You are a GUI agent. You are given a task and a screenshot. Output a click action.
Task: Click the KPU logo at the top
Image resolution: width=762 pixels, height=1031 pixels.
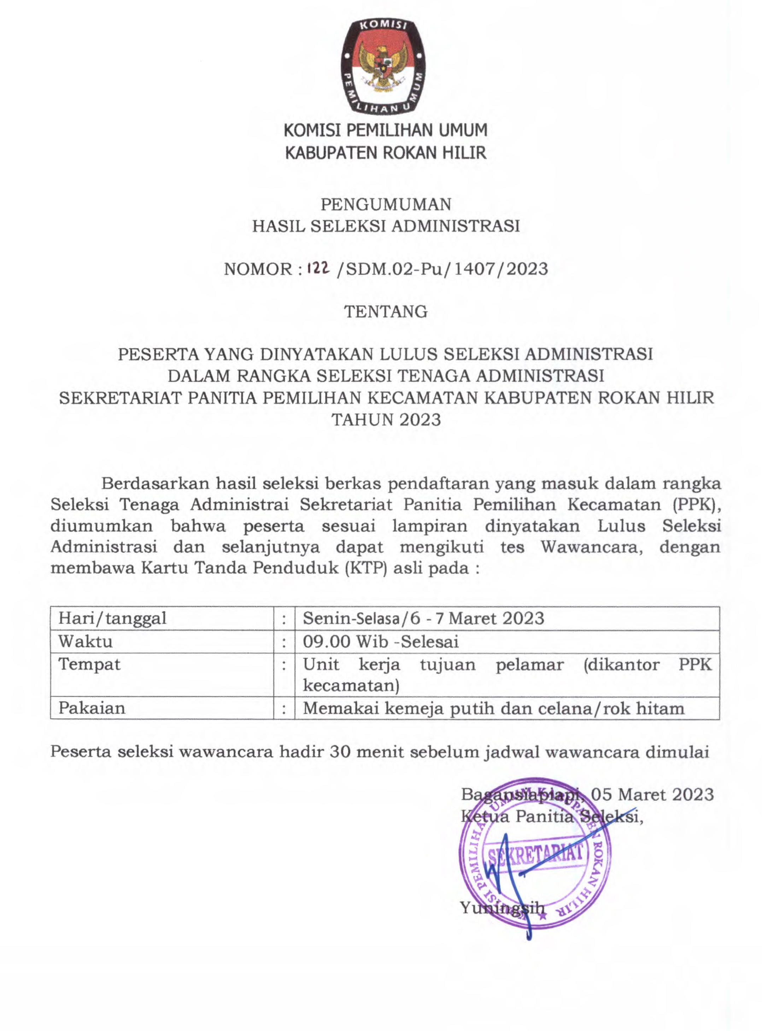(383, 67)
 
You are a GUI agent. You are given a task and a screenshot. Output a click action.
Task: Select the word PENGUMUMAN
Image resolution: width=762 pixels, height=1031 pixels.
(386, 204)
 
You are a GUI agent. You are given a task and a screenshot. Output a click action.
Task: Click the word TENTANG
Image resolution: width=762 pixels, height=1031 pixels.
(386, 311)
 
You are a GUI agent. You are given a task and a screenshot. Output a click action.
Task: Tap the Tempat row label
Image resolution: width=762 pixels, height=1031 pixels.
(89, 664)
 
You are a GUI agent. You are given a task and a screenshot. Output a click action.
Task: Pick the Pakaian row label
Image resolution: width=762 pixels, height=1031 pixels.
(92, 708)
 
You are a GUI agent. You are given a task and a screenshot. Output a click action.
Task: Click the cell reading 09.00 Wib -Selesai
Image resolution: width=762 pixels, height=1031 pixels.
(381, 641)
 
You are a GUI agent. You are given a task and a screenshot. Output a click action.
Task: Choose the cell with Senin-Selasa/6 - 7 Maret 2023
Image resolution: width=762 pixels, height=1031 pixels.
(423, 618)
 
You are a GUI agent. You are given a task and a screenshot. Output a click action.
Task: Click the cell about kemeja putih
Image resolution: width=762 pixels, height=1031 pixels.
(493, 708)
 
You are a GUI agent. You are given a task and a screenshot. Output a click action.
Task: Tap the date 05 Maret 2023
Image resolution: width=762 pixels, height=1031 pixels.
(652, 794)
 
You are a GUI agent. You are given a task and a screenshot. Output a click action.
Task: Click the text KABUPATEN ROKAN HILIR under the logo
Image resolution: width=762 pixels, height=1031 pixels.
(386, 153)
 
